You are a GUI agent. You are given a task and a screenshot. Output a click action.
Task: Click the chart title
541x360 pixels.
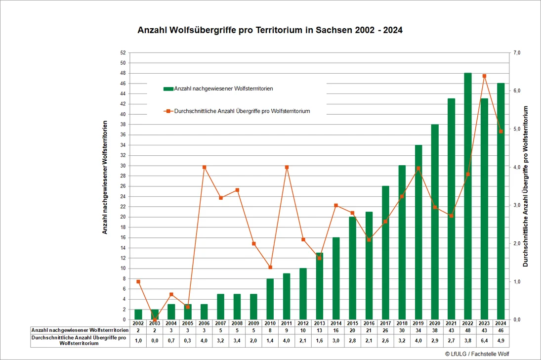[x=270, y=30]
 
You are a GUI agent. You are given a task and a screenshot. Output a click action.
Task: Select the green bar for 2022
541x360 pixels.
[x=468, y=196]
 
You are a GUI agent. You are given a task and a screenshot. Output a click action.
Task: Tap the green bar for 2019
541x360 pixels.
[x=418, y=232]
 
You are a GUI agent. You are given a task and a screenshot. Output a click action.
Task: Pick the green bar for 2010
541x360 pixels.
[x=270, y=299]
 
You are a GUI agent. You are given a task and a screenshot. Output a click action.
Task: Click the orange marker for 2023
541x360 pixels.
[x=484, y=76]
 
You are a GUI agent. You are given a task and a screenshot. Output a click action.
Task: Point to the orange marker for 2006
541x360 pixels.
[x=204, y=167]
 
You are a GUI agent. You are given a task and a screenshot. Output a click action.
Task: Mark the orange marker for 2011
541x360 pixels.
[x=287, y=167]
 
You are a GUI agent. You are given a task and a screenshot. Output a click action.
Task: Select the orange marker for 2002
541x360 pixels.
[x=138, y=281]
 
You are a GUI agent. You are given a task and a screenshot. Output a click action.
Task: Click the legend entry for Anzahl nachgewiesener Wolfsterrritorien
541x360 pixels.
[x=218, y=89]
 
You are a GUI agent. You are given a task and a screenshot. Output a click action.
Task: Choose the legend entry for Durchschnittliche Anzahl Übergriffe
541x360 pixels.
[x=237, y=111]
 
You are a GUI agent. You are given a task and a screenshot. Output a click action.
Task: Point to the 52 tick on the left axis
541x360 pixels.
[x=123, y=53]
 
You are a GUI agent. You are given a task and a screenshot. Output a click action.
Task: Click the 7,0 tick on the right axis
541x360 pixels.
[x=517, y=53]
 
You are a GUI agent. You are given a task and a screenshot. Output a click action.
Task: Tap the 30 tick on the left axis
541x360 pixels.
[x=123, y=166]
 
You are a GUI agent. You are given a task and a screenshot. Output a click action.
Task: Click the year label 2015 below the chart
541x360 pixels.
[x=352, y=323]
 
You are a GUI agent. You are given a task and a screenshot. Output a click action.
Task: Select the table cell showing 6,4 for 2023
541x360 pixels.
[x=484, y=341]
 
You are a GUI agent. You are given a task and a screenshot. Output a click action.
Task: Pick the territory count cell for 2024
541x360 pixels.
[x=501, y=331]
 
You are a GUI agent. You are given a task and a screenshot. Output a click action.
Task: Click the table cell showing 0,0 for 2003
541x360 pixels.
[x=155, y=341]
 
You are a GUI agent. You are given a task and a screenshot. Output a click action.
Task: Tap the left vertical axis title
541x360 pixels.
[x=105, y=177]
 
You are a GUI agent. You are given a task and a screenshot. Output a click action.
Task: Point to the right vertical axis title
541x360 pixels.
[x=526, y=186]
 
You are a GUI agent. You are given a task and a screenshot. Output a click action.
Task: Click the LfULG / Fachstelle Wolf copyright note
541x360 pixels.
[x=477, y=354]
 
